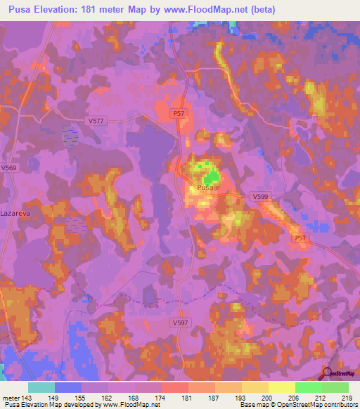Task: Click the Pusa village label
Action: point(205,188)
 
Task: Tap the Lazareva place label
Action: point(13,212)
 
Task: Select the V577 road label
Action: point(96,121)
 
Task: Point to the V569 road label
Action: point(8,168)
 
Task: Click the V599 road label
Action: point(261,198)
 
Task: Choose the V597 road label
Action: point(181,322)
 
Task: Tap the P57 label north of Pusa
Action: point(180,112)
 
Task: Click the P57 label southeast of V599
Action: point(301,239)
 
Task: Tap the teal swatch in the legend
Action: point(41,387)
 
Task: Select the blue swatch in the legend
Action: point(68,387)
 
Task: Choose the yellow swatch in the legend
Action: point(282,387)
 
